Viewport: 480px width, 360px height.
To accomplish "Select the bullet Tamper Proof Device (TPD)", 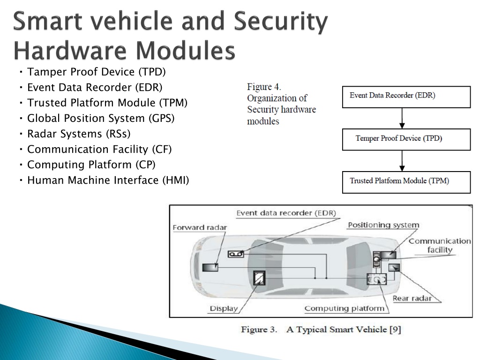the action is [x=97, y=72].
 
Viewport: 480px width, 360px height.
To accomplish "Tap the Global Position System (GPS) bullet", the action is [x=101, y=119].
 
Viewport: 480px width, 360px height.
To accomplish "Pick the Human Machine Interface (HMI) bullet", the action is [x=108, y=180].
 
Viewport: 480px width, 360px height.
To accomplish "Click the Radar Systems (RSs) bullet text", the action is [x=79, y=134].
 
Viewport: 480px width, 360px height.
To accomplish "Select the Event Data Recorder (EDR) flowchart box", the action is [x=406, y=97].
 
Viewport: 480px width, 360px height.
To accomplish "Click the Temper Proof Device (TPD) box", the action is [x=406, y=140].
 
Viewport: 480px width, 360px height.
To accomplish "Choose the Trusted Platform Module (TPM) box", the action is [x=406, y=182].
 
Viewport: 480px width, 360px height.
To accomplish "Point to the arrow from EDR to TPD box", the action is [x=402, y=118].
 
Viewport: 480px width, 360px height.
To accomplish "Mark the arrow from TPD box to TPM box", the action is [x=402, y=161].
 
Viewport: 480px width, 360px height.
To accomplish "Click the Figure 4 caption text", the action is [x=281, y=104].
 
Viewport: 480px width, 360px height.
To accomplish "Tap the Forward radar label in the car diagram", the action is [x=200, y=228].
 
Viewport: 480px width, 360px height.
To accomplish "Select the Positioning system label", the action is [x=383, y=225].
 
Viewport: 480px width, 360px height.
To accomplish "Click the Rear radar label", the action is [x=412, y=299].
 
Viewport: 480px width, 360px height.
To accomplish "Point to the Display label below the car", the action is [x=224, y=308].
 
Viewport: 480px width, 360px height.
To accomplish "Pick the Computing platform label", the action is [x=345, y=308].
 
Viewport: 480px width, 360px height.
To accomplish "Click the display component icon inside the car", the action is [x=259, y=278].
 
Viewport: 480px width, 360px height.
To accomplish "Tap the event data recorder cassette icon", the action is [x=236, y=254].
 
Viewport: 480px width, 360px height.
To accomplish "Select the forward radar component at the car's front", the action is [x=210, y=268].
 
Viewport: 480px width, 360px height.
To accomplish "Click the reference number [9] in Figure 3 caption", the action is [x=395, y=330].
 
